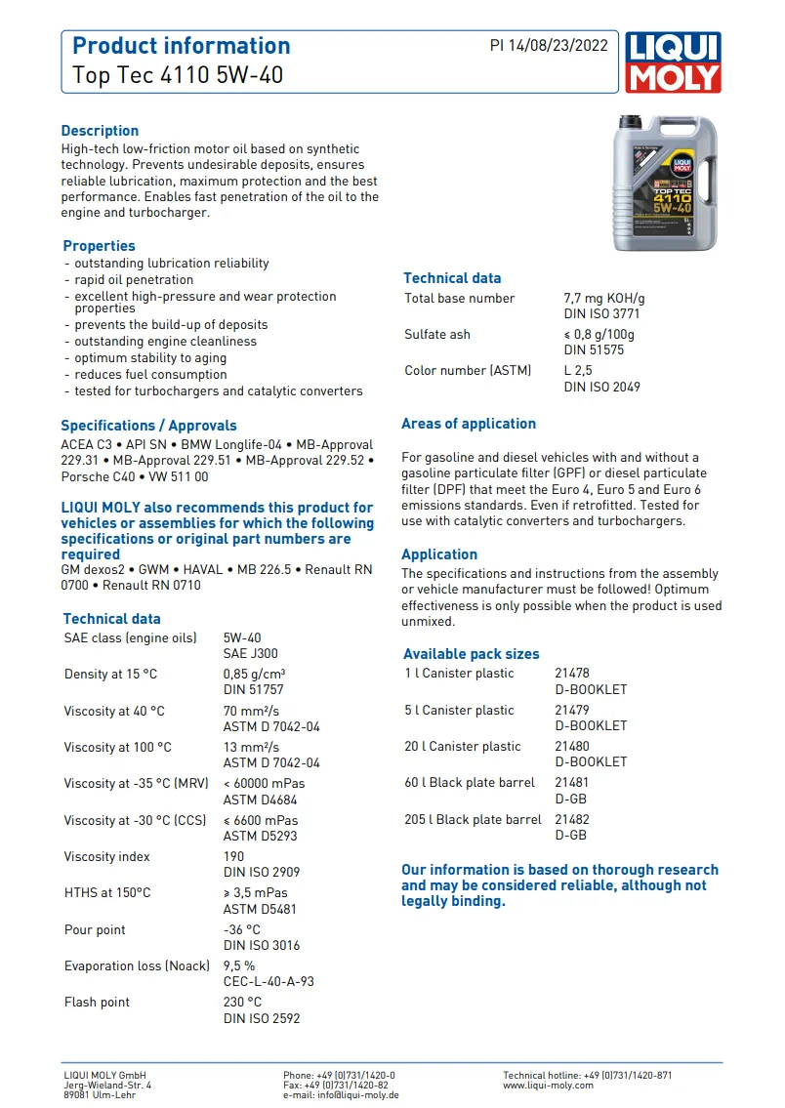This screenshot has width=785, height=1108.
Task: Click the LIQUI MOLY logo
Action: tap(674, 62)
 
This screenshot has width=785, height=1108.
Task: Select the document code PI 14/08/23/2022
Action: tap(549, 46)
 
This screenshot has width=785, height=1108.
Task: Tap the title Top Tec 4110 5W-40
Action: tap(178, 74)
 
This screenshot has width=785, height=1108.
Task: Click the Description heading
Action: tap(100, 131)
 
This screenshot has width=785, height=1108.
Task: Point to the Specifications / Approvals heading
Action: tap(148, 426)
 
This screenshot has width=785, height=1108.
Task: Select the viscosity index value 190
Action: tap(234, 856)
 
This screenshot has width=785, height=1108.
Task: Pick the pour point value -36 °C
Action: tap(242, 929)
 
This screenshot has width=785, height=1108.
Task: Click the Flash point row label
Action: tap(97, 1003)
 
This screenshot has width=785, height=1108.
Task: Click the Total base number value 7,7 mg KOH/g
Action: tap(603, 299)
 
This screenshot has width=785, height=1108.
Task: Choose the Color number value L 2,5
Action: tap(578, 371)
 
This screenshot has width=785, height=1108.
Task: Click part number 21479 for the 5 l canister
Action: tap(572, 710)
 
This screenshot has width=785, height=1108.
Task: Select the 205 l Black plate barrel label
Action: tap(473, 820)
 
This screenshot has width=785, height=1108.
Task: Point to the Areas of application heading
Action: tap(469, 424)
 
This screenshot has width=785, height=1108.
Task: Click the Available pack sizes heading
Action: tap(471, 654)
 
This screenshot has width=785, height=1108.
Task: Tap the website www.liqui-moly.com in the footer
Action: tap(548, 1085)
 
